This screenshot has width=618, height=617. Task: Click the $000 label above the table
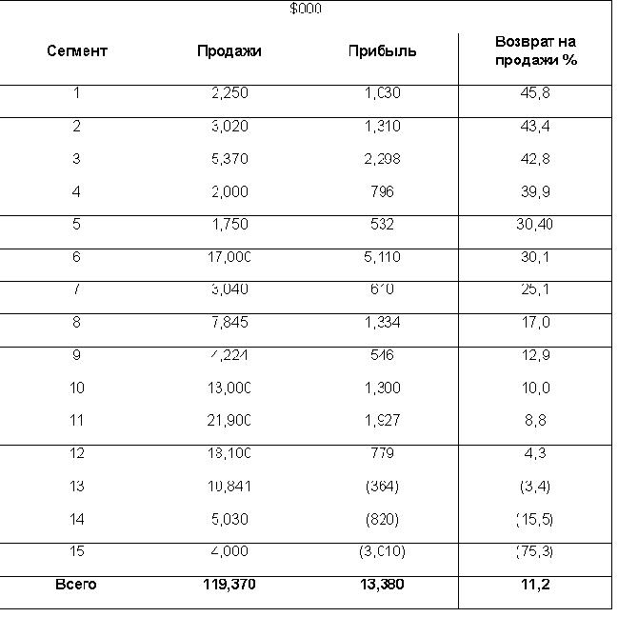[x=306, y=9]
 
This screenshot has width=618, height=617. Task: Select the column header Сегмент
[x=77, y=50]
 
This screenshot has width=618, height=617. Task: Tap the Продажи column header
[x=229, y=50]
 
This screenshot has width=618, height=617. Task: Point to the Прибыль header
[x=382, y=50]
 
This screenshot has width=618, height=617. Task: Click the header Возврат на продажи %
[x=536, y=50]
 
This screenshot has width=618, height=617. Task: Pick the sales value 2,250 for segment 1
[x=229, y=93]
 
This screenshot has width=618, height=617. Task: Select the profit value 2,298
[x=382, y=159]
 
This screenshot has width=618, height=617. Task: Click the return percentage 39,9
[x=536, y=191]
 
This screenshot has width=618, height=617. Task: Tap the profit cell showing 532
[x=382, y=225]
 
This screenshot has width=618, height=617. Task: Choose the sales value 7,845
[x=229, y=323]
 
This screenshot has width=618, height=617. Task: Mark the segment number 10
[x=77, y=388]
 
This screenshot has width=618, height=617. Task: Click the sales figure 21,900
[x=229, y=421]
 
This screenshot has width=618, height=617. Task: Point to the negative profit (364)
[x=382, y=487]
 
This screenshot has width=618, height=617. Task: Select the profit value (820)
[x=382, y=519]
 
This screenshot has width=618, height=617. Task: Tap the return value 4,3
[x=536, y=453]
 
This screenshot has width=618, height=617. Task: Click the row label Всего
[x=77, y=585]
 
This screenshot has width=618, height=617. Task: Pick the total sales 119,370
[x=229, y=585]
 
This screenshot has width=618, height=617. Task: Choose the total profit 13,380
[x=382, y=585]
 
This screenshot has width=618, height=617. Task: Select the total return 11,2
[x=536, y=585]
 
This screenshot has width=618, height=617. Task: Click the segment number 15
[x=77, y=551]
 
